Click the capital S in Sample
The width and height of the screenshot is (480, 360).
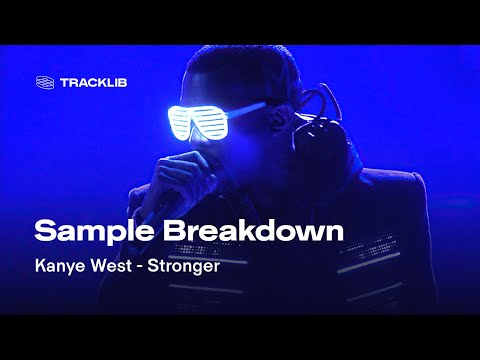point(44,231)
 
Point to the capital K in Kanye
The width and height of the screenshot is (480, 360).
point(41,268)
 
